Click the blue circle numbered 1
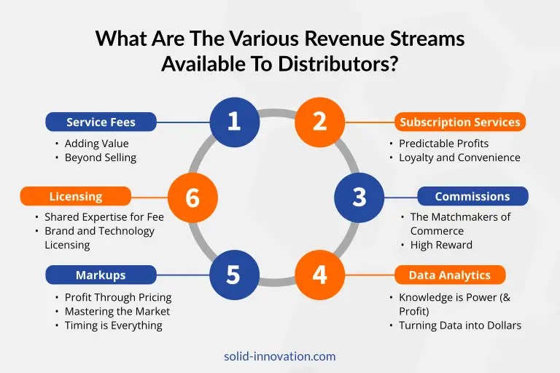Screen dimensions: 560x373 (x=235, y=122)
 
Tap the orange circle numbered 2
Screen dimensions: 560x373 (x=319, y=122)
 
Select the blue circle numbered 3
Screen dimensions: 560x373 (x=359, y=197)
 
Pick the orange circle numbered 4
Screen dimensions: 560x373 (x=319, y=275)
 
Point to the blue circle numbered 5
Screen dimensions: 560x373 (x=235, y=275)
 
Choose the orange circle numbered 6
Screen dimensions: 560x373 (x=192, y=197)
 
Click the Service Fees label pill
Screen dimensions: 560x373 (x=101, y=122)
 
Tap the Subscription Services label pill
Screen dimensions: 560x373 (x=460, y=122)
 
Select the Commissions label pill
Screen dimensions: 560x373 (x=472, y=196)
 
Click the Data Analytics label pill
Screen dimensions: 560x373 (x=450, y=275)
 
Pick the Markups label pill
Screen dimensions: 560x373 (x=101, y=275)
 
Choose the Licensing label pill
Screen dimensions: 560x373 (x=76, y=196)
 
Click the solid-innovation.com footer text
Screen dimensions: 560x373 (x=280, y=356)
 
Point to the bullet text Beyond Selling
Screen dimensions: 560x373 (x=101, y=157)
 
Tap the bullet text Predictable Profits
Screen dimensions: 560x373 (x=443, y=144)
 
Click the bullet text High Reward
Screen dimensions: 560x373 (x=441, y=245)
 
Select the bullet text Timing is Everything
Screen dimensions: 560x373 (x=113, y=326)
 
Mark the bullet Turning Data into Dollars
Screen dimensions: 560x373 (x=460, y=326)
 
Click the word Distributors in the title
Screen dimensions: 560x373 (x=338, y=64)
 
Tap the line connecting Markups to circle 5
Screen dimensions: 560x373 (x=183, y=275)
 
